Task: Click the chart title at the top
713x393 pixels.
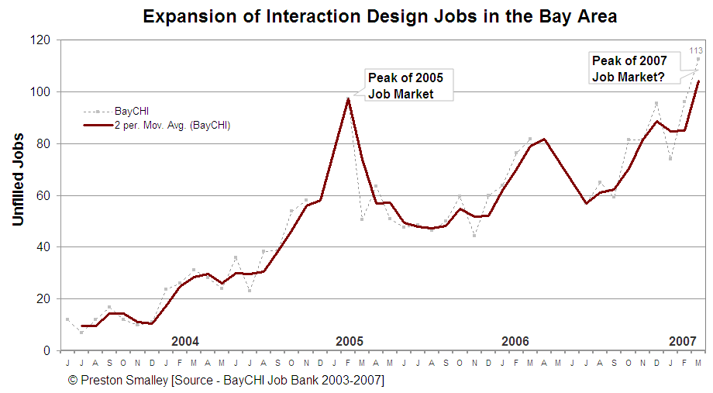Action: [380, 16]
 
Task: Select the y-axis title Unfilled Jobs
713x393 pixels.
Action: [19, 180]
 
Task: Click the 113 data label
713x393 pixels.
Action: [696, 51]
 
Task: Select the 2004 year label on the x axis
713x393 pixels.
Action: [185, 341]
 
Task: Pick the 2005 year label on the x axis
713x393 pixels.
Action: [350, 341]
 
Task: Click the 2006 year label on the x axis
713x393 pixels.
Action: [515, 341]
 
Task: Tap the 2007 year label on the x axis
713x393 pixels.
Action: [682, 341]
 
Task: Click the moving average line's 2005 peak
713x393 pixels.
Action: [348, 98]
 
